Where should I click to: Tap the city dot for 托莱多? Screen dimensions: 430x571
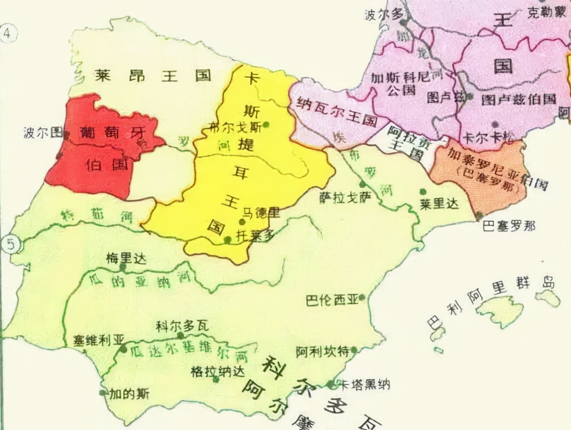[x=228, y=239]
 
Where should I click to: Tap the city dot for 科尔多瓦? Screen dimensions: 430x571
[x=180, y=335]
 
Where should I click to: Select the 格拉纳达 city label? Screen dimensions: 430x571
[x=214, y=371]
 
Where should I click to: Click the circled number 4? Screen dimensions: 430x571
[x=8, y=33]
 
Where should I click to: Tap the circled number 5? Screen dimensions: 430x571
[x=11, y=245]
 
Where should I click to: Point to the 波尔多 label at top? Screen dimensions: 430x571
[x=384, y=14]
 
